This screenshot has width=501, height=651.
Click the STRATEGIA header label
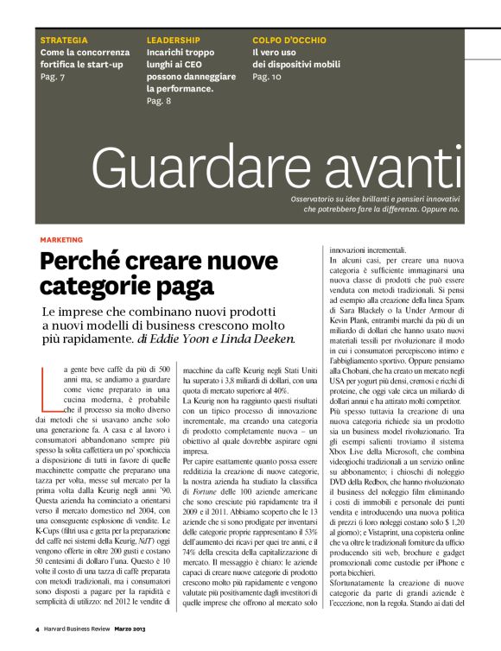click(64, 41)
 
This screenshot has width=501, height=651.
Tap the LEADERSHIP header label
click(174, 41)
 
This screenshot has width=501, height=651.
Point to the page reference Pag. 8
click(159, 101)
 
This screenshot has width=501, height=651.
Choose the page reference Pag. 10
click(267, 77)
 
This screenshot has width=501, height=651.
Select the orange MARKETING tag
click(61, 239)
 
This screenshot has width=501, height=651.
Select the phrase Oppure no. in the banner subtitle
click(443, 209)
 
